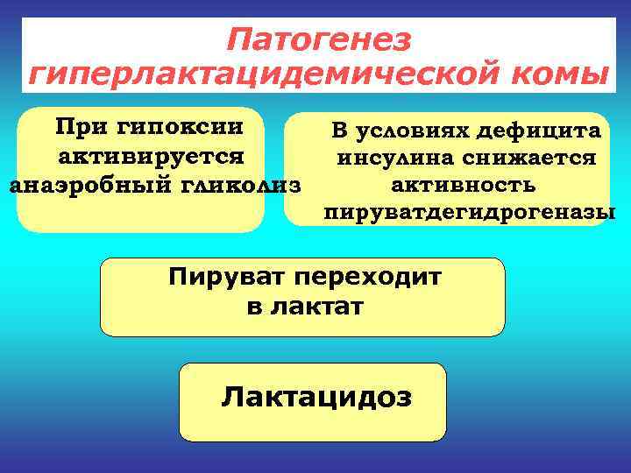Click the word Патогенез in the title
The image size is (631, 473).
[317, 39]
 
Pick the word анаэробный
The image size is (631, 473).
[81, 186]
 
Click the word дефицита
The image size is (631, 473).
[543, 131]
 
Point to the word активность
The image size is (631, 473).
[464, 186]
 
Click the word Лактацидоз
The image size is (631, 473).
[316, 397]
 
